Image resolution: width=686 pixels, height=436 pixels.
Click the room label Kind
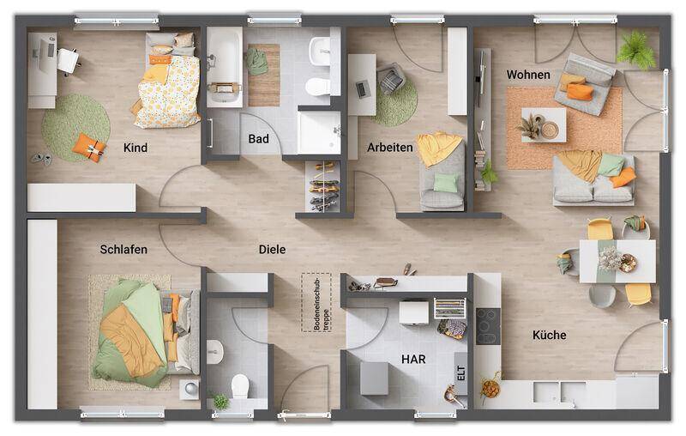[x=135, y=148]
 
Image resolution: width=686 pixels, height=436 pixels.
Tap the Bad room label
[x=258, y=139]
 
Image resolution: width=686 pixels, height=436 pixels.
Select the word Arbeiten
[x=390, y=148]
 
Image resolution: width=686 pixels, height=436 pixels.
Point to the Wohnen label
[x=528, y=76]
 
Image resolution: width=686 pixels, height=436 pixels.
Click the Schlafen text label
[x=123, y=250]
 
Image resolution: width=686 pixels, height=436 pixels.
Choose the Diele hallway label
[x=273, y=250]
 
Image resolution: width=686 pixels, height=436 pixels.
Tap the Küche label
[x=549, y=335]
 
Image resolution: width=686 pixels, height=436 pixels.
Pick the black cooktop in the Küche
[x=487, y=324]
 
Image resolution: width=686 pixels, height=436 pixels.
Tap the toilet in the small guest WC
[x=242, y=388]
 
